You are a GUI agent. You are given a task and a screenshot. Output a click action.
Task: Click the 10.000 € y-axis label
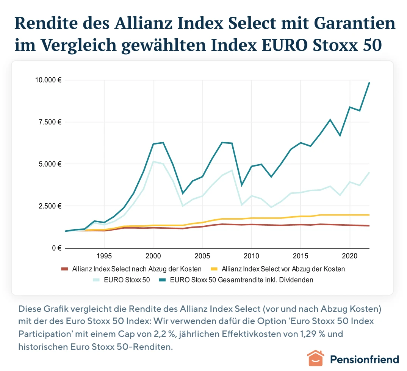point(48,80)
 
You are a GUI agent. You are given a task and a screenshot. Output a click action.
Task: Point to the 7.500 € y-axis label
point(50,122)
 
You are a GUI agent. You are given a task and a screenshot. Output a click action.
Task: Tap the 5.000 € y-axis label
point(50,164)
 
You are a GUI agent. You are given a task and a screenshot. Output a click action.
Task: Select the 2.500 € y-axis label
point(50,206)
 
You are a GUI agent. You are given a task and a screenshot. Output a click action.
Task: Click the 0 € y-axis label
point(57,248)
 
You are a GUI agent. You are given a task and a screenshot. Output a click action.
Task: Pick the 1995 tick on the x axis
point(104,255)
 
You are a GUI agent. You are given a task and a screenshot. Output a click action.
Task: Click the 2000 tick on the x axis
point(153,255)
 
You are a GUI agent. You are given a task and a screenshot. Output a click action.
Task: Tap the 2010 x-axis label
point(251,255)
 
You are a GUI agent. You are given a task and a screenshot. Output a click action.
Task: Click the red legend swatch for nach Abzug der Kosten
point(66,269)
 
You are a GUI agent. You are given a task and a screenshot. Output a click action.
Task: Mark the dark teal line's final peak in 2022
point(369,83)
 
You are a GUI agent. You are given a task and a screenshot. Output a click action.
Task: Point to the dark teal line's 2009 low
point(241,185)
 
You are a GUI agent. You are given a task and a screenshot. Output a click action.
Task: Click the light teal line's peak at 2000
point(153,162)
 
